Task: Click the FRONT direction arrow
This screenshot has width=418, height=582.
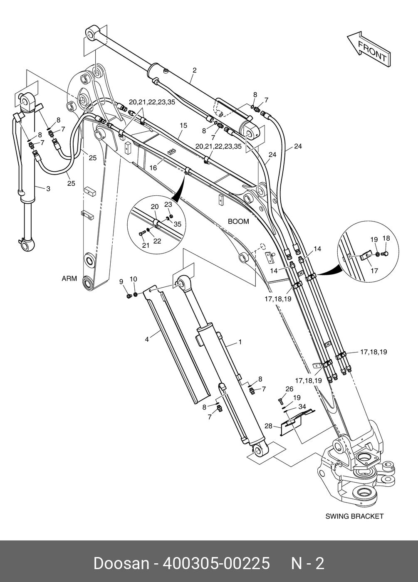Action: click(x=369, y=49)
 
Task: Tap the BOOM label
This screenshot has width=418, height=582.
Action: click(x=238, y=222)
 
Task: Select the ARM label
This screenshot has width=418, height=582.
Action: click(x=69, y=279)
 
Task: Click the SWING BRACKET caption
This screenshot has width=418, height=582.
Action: click(x=354, y=516)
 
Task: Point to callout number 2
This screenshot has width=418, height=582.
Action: click(x=194, y=70)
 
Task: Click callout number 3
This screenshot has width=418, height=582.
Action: click(x=48, y=189)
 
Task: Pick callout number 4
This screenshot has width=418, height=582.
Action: click(x=147, y=340)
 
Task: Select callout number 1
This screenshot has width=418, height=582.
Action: click(x=240, y=342)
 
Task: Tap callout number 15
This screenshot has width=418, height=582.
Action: click(x=183, y=125)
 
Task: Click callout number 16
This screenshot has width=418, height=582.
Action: click(x=153, y=168)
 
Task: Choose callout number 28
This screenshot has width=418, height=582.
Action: click(x=269, y=426)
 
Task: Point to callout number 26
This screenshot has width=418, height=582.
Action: click(x=289, y=389)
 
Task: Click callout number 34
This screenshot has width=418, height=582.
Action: click(x=302, y=406)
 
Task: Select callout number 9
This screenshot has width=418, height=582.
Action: click(x=121, y=281)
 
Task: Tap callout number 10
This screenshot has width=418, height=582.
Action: click(x=133, y=279)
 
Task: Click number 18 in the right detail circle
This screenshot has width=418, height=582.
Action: click(x=386, y=238)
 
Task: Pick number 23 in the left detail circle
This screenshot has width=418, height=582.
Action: click(x=168, y=205)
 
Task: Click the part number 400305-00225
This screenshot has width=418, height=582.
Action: click(x=216, y=564)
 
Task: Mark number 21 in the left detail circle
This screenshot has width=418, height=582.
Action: click(x=146, y=245)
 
